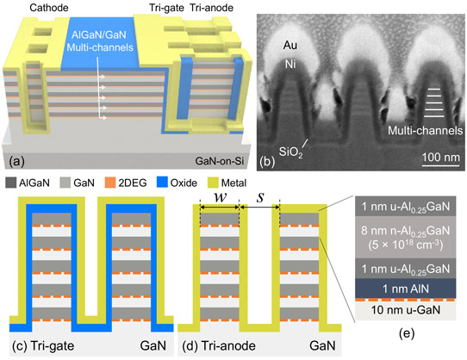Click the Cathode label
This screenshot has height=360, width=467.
(x=49, y=8)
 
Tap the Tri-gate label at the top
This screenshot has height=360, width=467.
(x=167, y=8)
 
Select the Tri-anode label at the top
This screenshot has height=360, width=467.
(x=211, y=8)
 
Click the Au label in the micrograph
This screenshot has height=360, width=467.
(x=290, y=46)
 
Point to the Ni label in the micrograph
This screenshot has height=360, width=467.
(x=290, y=64)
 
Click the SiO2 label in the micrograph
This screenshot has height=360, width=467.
(x=290, y=152)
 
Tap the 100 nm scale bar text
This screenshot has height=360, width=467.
(x=441, y=157)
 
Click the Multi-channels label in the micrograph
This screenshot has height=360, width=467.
(x=425, y=130)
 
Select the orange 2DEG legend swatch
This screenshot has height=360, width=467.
(x=110, y=183)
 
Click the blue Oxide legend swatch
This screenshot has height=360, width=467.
(x=162, y=183)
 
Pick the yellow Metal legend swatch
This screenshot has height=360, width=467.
(x=213, y=183)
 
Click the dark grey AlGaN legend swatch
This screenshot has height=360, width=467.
(x=11, y=183)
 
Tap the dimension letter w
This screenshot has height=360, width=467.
(x=221, y=198)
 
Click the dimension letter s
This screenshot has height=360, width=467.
(x=260, y=197)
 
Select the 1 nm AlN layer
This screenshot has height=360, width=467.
(x=405, y=289)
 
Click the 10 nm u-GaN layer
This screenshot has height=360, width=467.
(x=405, y=311)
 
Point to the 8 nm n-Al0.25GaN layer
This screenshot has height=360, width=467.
(x=405, y=238)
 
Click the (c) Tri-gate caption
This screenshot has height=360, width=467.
(x=43, y=346)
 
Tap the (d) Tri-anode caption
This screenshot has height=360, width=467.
(x=219, y=346)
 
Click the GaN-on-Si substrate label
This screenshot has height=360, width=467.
(x=220, y=161)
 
